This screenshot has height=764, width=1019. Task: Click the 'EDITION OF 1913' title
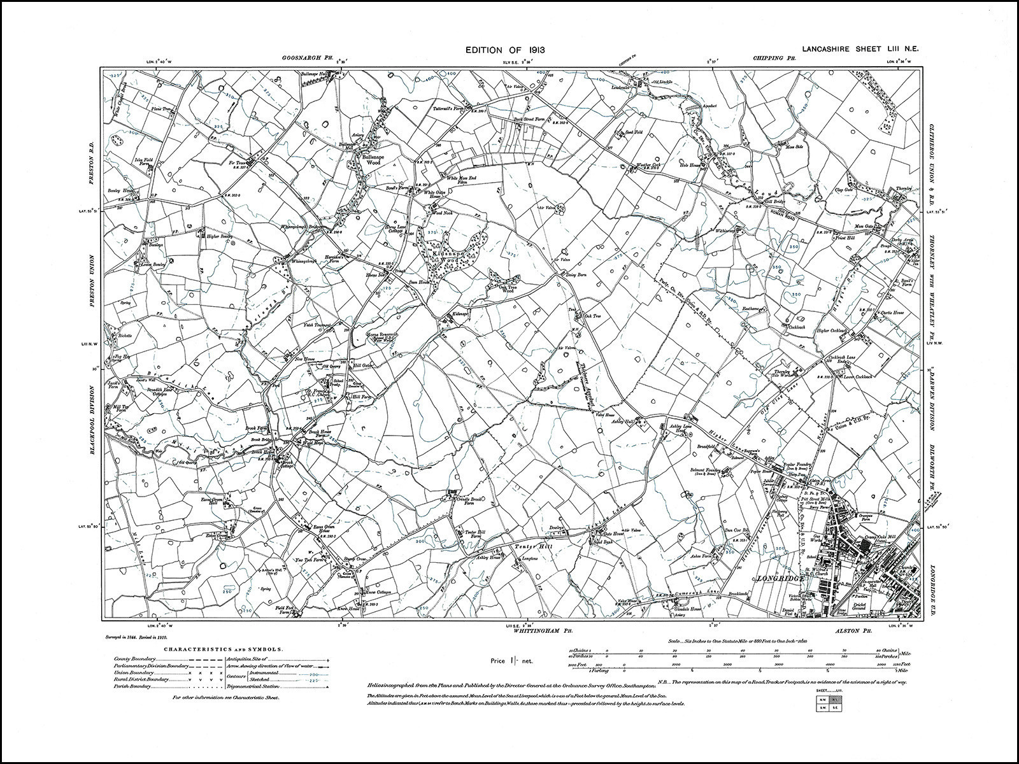pos(504,50)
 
